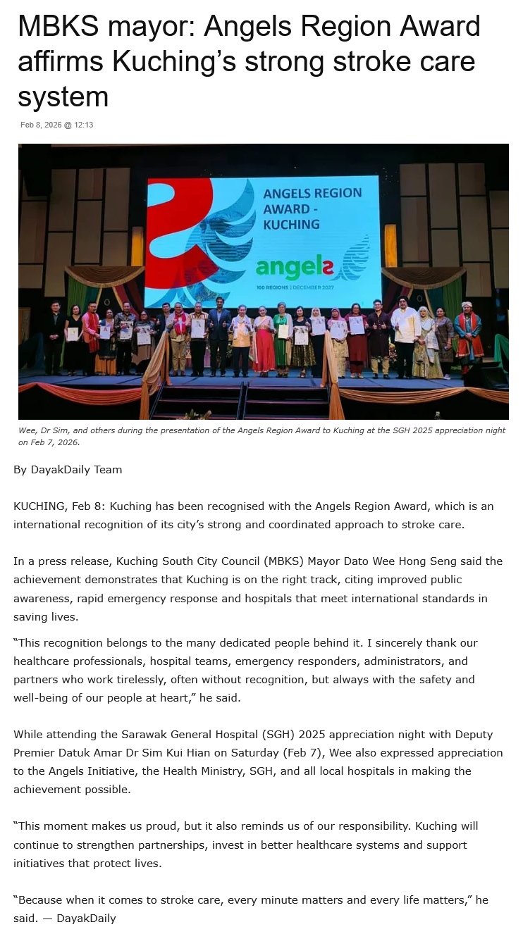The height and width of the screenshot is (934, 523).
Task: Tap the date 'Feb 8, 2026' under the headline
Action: point(39,125)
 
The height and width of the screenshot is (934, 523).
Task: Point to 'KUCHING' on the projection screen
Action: point(291,225)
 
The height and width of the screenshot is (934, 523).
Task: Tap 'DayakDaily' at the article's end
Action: point(86,918)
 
